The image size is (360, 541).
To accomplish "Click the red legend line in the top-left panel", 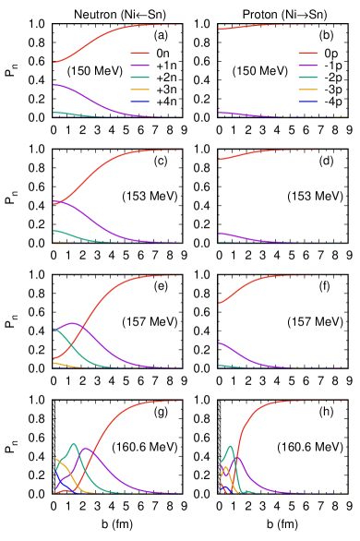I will [x=139, y=54].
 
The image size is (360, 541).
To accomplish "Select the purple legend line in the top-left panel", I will [x=139, y=66].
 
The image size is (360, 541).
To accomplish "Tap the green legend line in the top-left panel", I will [x=139, y=78].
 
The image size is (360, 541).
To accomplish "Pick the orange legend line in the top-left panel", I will [x=139, y=90].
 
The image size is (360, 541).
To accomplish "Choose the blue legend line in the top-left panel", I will [x=139, y=102].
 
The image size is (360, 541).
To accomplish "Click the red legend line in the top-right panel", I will [x=307, y=54].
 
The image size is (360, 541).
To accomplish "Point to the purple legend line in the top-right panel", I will [x=307, y=66].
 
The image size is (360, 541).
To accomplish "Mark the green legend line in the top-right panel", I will [x=307, y=78].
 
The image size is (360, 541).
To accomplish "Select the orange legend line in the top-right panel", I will [x=307, y=90].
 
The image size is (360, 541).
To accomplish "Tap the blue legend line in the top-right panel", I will [x=307, y=102].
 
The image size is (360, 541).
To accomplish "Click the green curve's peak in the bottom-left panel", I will [x=74, y=443].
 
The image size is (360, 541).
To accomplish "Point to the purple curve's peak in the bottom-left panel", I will [x=86, y=449].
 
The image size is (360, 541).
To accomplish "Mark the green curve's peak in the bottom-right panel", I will [x=230, y=446].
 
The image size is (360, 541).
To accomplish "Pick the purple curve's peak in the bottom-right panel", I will [x=237, y=457].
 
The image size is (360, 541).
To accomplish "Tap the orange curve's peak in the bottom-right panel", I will [x=225, y=466].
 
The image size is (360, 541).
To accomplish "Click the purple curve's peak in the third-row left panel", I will [x=72, y=323].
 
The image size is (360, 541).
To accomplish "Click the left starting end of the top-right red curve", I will [x=220, y=30].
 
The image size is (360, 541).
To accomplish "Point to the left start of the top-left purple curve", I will [x=54, y=85].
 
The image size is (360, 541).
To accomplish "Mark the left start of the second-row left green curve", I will [x=54, y=231].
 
